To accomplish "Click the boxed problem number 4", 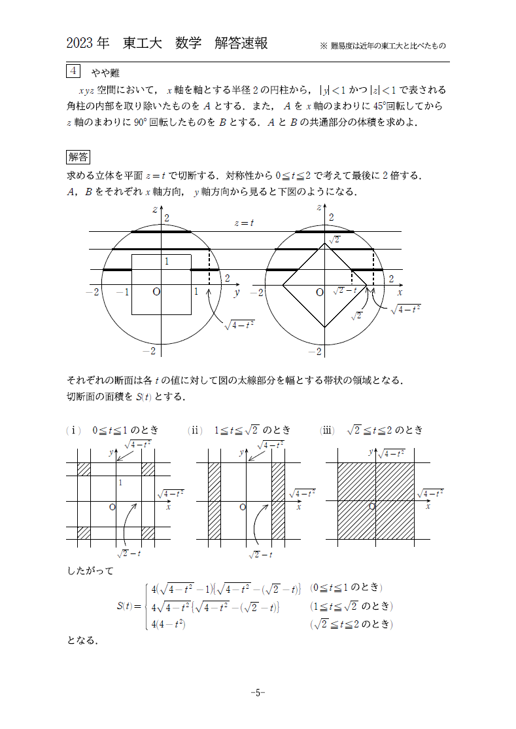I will point(73,71).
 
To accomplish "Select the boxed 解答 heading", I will point(78,157).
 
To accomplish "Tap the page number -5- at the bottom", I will point(258,692).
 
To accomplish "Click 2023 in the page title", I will point(80,44).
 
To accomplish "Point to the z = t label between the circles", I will point(244,223).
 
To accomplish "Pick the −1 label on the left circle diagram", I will point(122,292).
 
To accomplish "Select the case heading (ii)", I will point(196,430).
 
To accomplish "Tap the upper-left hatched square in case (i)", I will point(84,469).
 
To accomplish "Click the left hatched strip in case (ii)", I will point(215,501).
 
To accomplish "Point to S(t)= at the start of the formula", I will point(128,606).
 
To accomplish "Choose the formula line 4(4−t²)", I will point(169,624).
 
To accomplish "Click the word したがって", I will point(90,570).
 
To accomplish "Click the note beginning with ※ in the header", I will point(383,46).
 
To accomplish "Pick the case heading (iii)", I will point(327,430).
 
